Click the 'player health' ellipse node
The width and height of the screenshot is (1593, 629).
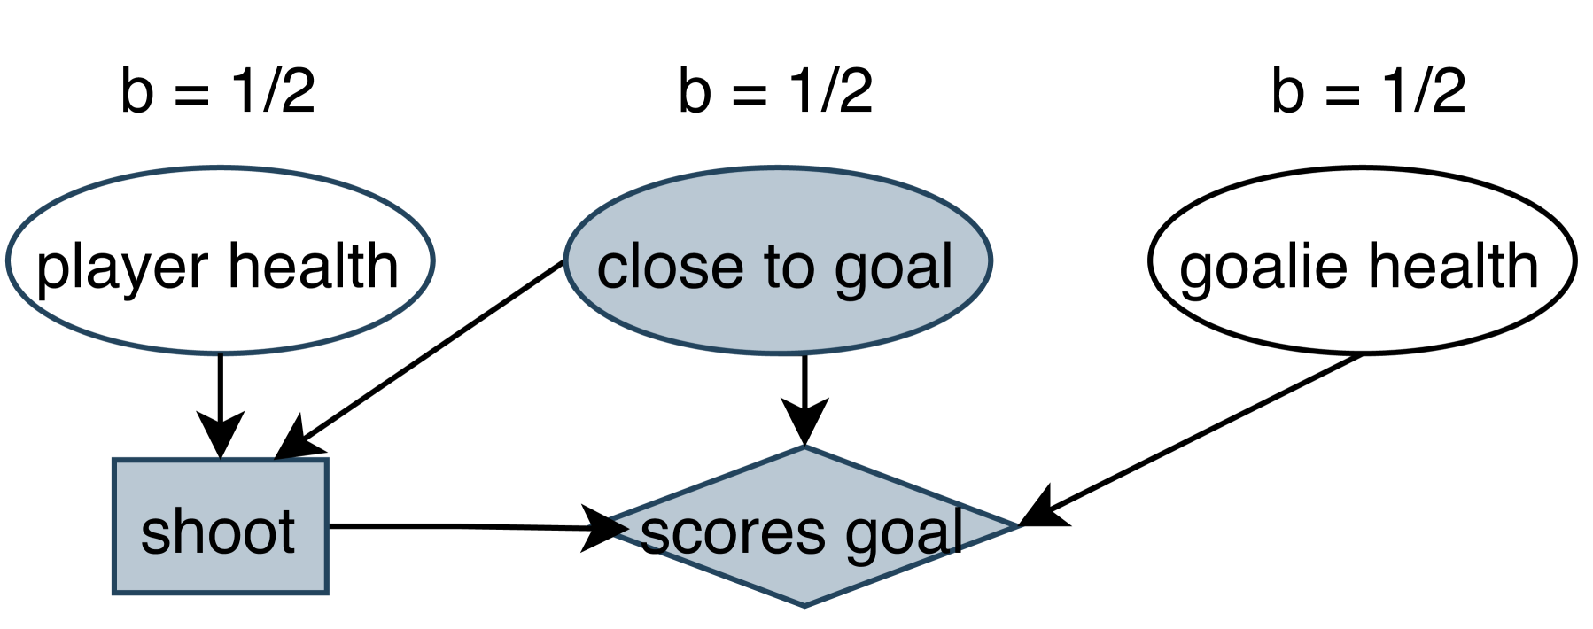[x=220, y=260]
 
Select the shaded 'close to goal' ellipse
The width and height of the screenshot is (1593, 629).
[x=778, y=260]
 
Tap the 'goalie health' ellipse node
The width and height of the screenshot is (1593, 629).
[x=1362, y=260]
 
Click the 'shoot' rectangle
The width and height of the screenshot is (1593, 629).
[x=220, y=526]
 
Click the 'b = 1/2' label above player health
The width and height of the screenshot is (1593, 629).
[x=218, y=91]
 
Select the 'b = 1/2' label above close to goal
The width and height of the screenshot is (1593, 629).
[x=776, y=91]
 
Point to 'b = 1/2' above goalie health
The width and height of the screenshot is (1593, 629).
[x=1369, y=91]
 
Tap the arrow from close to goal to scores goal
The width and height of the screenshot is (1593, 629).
[x=804, y=390]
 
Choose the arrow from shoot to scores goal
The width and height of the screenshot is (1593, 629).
[x=461, y=526]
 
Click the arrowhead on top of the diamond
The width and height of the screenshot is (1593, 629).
[x=804, y=422]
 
